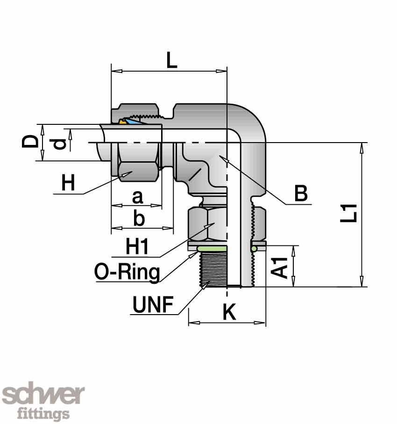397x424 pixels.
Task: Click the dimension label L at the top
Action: (172, 60)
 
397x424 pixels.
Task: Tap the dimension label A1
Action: (281, 266)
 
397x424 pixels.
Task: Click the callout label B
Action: (301, 193)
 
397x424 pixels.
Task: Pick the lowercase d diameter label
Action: (59, 144)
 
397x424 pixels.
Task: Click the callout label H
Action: (68, 183)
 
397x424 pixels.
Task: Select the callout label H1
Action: (137, 246)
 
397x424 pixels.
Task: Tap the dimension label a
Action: (137, 197)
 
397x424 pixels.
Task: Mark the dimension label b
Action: (139, 219)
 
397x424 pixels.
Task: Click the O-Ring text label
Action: (127, 272)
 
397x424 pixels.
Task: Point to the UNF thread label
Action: (153, 305)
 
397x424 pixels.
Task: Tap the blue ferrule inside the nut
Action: (134, 122)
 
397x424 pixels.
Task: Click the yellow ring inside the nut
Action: (122, 122)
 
